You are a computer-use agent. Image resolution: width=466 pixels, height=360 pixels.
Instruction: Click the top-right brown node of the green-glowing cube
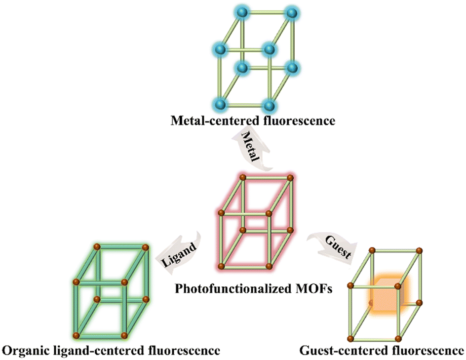(145, 247)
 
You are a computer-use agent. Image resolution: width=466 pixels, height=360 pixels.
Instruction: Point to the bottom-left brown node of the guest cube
(350, 338)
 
